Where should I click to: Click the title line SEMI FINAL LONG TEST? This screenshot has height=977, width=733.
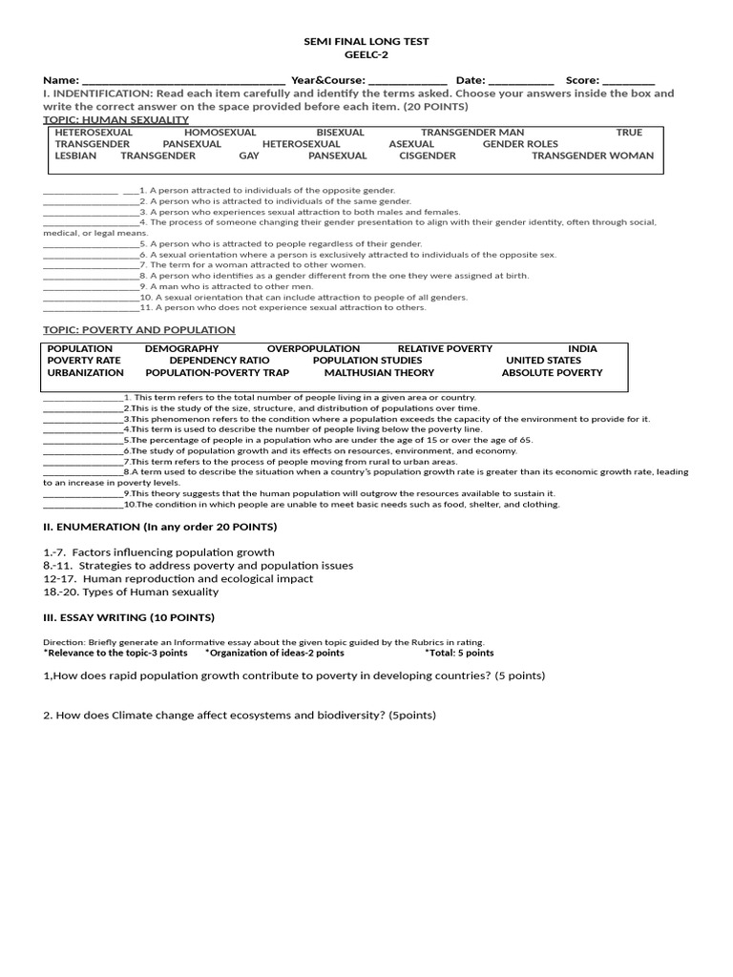(366, 42)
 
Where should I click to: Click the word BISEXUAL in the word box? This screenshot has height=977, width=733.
(340, 133)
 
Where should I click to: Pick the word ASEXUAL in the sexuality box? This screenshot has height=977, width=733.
(411, 144)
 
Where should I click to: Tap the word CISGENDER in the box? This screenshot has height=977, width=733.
(428, 156)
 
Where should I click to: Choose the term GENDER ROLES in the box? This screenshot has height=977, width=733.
(520, 144)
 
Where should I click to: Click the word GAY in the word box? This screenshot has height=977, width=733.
(249, 156)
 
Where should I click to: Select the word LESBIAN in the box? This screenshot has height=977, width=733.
(75, 156)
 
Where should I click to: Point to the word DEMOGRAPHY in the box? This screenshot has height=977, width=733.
(181, 349)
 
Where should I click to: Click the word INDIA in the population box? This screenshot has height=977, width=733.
(582, 349)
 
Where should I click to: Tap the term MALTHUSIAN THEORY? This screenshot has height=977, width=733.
(379, 373)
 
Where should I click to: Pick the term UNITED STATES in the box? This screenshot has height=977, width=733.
(543, 361)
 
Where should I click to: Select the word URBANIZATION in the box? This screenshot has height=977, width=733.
(86, 373)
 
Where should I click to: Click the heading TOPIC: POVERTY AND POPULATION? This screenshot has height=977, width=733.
(139, 330)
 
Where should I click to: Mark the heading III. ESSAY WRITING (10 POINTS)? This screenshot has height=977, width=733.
(129, 617)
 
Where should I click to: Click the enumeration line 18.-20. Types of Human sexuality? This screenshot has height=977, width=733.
(131, 592)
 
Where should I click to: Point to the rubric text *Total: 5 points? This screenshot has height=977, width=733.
(459, 654)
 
